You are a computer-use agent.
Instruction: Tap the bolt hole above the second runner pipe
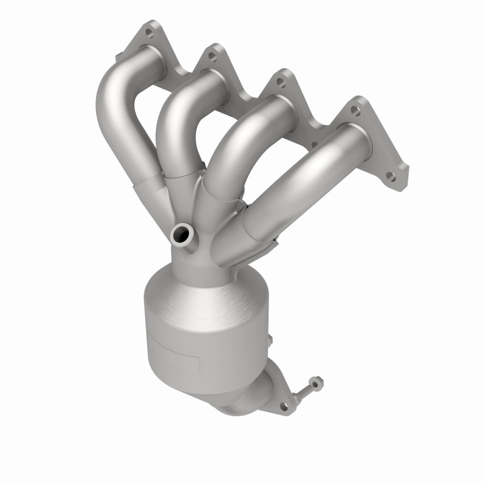coord(212,56)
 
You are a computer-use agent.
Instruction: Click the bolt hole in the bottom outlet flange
coord(284,403)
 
